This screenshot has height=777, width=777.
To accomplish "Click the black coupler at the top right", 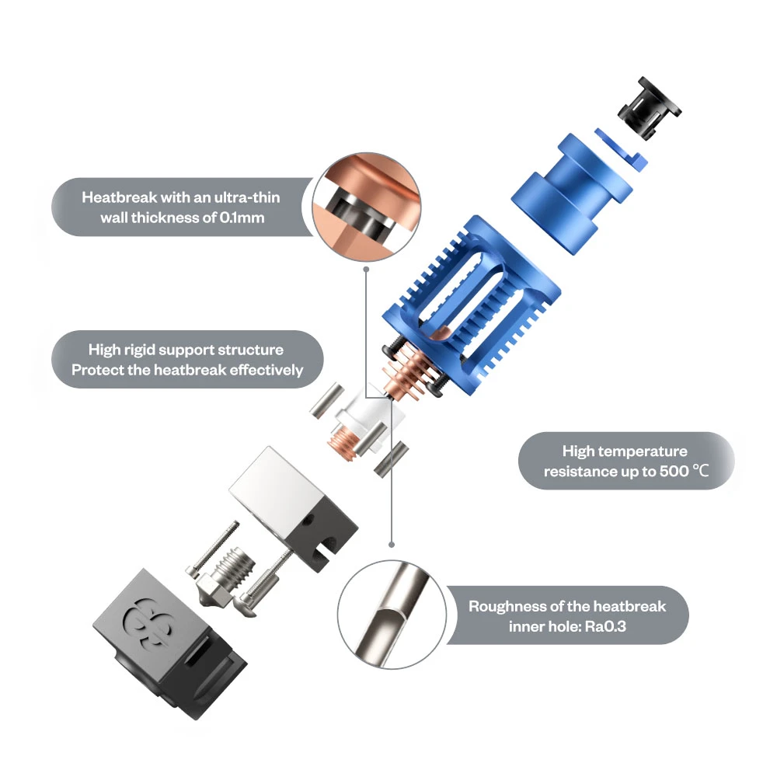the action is pos(649,107).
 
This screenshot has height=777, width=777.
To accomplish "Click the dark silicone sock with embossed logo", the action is pos(169,643).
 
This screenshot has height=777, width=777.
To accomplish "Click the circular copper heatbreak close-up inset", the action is pos(367,207).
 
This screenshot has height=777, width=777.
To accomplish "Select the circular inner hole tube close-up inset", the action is pos(392,615).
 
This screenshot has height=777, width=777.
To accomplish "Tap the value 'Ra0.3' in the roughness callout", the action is pos(605,626).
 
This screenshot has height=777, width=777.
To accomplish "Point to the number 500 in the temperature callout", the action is pos(674,472).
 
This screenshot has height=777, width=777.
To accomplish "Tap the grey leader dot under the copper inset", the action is pos(366,269).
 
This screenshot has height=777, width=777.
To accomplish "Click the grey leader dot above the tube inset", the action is pos(392,545).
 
